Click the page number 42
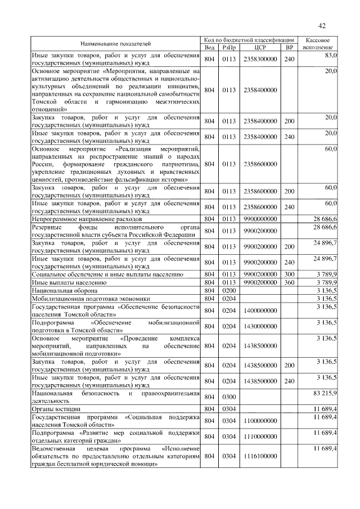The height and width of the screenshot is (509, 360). coord(322,26)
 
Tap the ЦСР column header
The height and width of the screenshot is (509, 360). coord(260,48)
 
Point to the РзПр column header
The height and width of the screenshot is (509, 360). coord(229,48)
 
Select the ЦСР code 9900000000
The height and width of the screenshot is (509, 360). coord(260,218)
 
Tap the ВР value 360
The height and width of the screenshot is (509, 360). coord(289,282)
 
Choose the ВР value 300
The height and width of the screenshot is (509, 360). coord(289,274)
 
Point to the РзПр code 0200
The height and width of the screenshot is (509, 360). coord(229,290)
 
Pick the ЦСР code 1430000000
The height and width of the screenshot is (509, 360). coord(260,326)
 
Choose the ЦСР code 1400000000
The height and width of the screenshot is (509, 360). coord(260,310)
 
